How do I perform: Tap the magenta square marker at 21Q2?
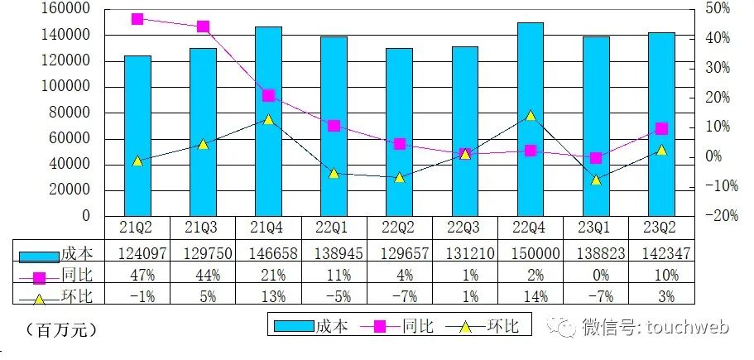[x=137, y=19]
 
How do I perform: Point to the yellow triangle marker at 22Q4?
[x=531, y=116]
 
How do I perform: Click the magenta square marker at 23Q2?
[x=661, y=128]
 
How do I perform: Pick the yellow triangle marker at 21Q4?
[x=268, y=119]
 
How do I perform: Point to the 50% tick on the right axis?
[x=717, y=9]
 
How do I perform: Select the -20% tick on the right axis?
[x=713, y=216]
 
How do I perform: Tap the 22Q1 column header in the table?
[x=334, y=227]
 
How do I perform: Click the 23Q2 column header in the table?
[x=661, y=227]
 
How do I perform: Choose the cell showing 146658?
[x=268, y=253]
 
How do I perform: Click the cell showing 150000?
[x=531, y=253]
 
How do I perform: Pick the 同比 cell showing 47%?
[x=137, y=274]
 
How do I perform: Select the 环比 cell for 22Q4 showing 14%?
[x=531, y=295]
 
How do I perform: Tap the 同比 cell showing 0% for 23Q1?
[x=596, y=274]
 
